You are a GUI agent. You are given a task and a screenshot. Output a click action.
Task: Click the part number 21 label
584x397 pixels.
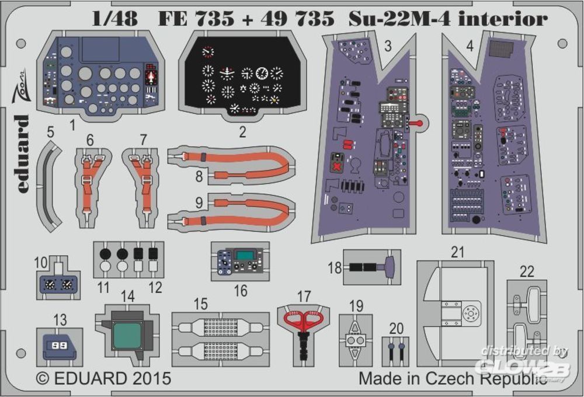coord(457,252)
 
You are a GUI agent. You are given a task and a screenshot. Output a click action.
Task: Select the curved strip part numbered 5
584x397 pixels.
coord(51,187)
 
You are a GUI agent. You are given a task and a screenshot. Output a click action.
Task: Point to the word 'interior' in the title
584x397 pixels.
coord(511,19)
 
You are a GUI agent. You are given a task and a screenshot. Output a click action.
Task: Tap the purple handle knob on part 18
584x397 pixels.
coord(390,269)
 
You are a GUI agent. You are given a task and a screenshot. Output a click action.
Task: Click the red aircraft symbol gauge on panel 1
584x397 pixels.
coord(151,76)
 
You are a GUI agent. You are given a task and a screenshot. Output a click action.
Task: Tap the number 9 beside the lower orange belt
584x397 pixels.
coord(199,204)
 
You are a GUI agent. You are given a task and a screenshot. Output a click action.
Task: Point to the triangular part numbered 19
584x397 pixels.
coord(356,340)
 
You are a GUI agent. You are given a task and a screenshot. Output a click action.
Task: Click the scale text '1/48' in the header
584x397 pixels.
coord(114,19)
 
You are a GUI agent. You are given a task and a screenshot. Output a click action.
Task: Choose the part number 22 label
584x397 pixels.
coord(527,271)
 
